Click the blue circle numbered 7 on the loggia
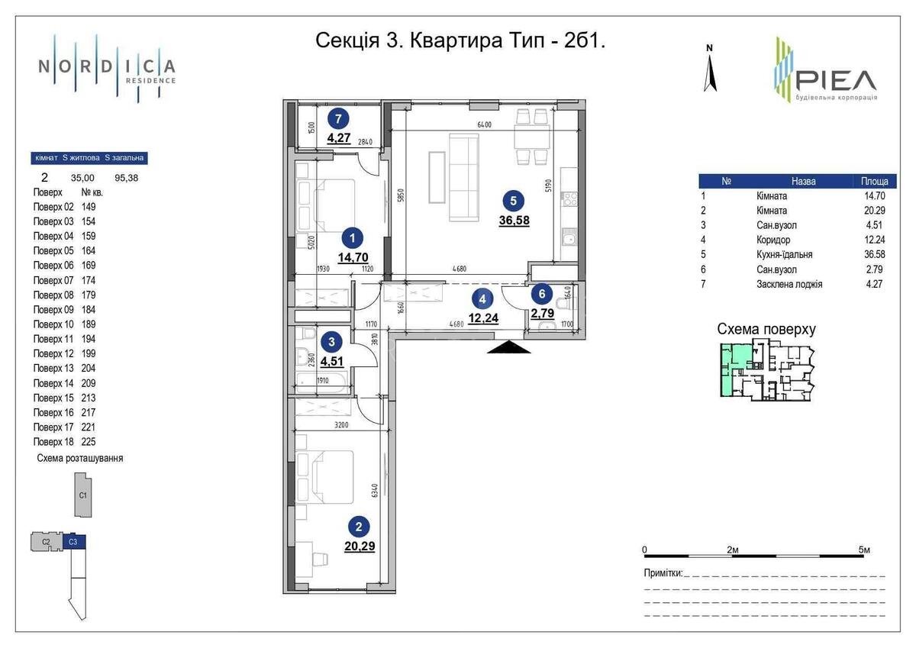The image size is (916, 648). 338,118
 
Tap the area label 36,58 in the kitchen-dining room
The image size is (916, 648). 514,221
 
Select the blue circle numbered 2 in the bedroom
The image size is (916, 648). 359,525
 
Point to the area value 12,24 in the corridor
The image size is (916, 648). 482,318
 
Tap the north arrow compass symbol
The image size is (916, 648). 710,69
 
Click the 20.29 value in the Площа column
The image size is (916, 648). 874,210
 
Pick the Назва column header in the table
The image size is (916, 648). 803,182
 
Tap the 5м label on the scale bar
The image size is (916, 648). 864,550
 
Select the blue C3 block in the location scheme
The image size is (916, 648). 73,542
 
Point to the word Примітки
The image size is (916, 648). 662,572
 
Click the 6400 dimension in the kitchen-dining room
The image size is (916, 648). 483,125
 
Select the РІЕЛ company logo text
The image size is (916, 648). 836,79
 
